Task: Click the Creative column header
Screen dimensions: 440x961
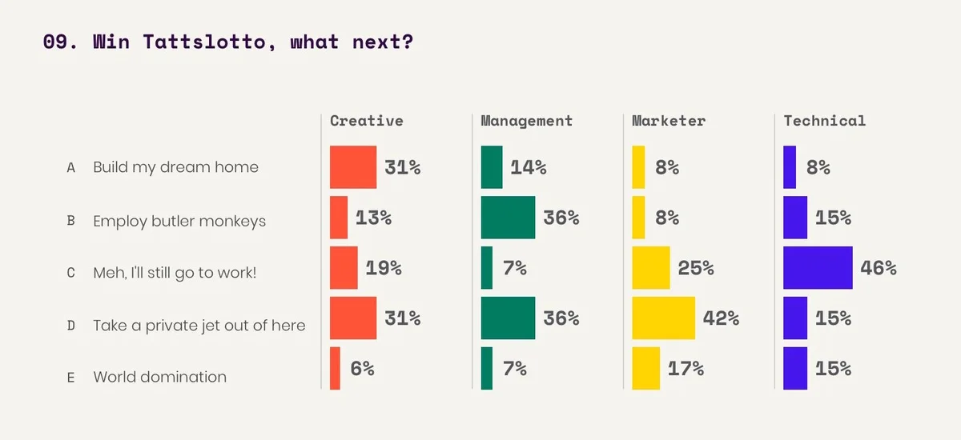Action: pyautogui.click(x=366, y=121)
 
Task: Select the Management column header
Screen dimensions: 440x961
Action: pyautogui.click(x=526, y=121)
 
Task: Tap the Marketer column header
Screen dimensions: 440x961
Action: pyautogui.click(x=668, y=121)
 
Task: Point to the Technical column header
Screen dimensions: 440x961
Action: pyautogui.click(x=824, y=121)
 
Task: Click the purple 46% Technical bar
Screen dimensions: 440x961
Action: pyautogui.click(x=818, y=267)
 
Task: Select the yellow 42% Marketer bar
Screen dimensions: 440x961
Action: pyautogui.click(x=663, y=318)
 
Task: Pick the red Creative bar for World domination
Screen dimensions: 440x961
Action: pyautogui.click(x=335, y=368)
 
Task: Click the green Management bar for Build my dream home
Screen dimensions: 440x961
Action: pyautogui.click(x=492, y=167)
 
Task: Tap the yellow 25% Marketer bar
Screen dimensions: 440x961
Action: pyautogui.click(x=650, y=267)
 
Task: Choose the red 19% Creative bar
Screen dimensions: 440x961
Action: pyautogui.click(x=344, y=267)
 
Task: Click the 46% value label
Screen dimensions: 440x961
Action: pyautogui.click(x=878, y=268)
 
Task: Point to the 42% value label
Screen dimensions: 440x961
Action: pyautogui.click(x=721, y=318)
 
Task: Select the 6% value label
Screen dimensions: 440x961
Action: pyautogui.click(x=362, y=369)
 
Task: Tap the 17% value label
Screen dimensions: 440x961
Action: pyautogui.click(x=686, y=369)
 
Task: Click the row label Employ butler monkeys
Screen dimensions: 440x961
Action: pyautogui.click(x=179, y=221)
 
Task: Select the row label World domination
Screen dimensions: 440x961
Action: pyautogui.click(x=159, y=377)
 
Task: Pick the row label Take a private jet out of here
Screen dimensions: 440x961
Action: pyautogui.click(x=199, y=326)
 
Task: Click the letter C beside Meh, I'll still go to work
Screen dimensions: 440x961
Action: pyautogui.click(x=70, y=273)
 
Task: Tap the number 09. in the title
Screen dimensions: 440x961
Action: pyautogui.click(x=60, y=42)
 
